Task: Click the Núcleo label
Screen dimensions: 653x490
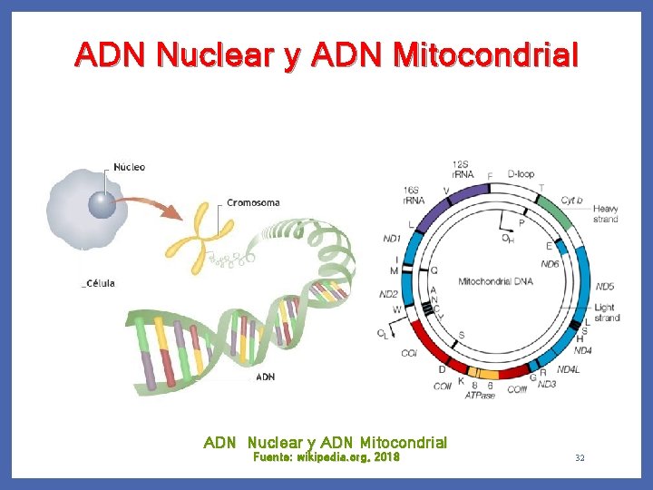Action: point(130,167)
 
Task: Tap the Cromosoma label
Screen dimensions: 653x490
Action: point(253,202)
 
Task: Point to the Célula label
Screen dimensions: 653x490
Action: point(99,283)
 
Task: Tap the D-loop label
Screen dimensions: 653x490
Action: point(521,171)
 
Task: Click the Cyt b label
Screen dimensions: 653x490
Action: point(571,200)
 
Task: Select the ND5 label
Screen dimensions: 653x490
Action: point(605,286)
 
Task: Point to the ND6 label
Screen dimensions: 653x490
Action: point(550,264)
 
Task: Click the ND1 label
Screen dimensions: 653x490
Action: point(392,239)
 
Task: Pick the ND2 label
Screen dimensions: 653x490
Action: point(388,294)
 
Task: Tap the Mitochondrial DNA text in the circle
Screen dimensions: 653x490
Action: point(495,281)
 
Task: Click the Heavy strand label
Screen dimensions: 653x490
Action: point(605,214)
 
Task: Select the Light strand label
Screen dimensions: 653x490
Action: point(607,313)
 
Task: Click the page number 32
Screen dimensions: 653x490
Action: point(580,458)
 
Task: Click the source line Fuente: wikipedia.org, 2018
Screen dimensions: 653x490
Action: point(325,457)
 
